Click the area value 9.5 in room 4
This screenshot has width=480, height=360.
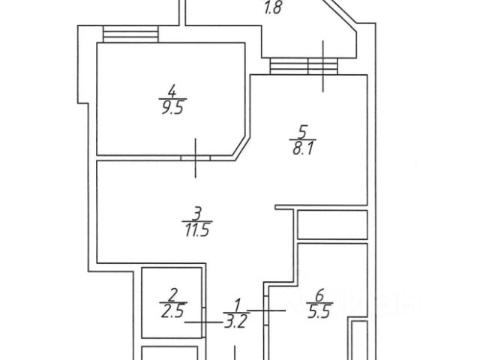(x=172, y=108)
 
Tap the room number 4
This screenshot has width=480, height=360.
(x=172, y=91)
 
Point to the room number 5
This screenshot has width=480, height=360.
(x=302, y=132)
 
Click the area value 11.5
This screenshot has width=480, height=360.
(x=197, y=229)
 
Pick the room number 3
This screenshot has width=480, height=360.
(x=197, y=213)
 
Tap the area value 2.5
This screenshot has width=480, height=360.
(x=173, y=311)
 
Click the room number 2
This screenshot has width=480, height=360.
(x=173, y=295)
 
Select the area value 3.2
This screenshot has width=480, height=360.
(x=235, y=322)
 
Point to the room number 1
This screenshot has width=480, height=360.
(x=237, y=305)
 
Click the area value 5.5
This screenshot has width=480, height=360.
(x=319, y=312)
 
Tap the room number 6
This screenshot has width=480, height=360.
(x=319, y=295)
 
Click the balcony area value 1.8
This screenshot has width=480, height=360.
(x=272, y=7)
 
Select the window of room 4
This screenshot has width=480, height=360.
(x=130, y=34)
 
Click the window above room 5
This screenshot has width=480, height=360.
(x=304, y=67)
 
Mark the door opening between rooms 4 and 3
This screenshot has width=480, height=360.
(x=196, y=158)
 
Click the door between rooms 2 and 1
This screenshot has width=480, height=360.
(x=203, y=322)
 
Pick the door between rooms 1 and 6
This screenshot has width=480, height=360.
(x=266, y=310)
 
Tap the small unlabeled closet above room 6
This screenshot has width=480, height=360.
(x=332, y=225)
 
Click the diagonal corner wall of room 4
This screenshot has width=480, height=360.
(x=240, y=146)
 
